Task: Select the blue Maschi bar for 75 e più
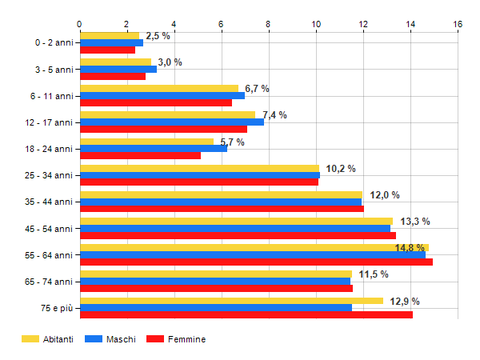pyautogui.click(x=216, y=308)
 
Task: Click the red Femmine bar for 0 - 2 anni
pyautogui.click(x=108, y=50)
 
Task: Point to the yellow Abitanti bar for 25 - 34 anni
pyautogui.click(x=200, y=168)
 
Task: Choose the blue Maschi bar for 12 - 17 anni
pyautogui.click(x=172, y=122)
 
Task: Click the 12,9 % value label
pyautogui.click(x=404, y=302)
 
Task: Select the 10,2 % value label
pyautogui.click(x=340, y=169)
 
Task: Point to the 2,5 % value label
pyautogui.click(x=158, y=36)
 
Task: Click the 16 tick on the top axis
pyautogui.click(x=458, y=24)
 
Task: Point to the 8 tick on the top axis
pyautogui.click(x=269, y=24)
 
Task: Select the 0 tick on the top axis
pyautogui.click(x=80, y=24)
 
